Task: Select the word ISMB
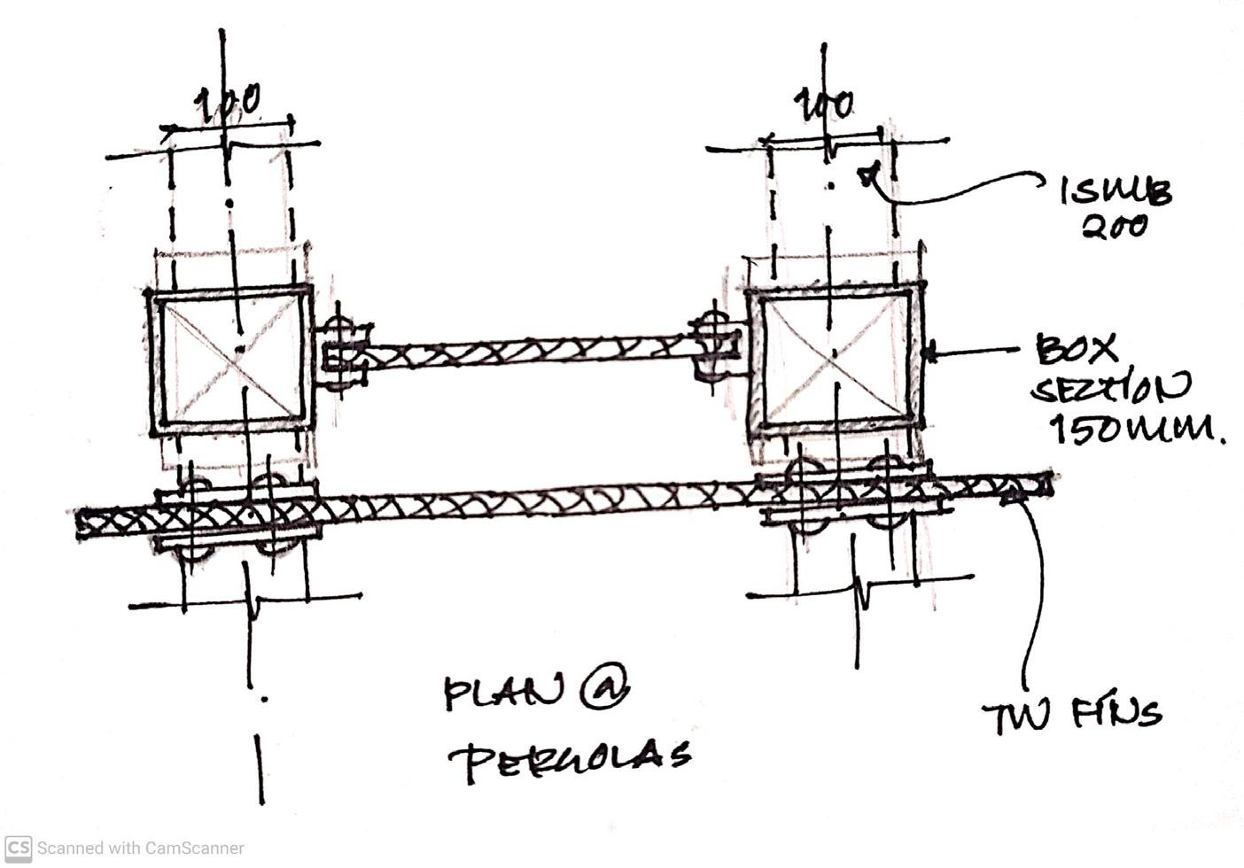click(x=1116, y=190)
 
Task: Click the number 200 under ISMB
click(x=1115, y=227)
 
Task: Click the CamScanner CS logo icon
click(x=18, y=848)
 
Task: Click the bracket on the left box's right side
click(x=340, y=353)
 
